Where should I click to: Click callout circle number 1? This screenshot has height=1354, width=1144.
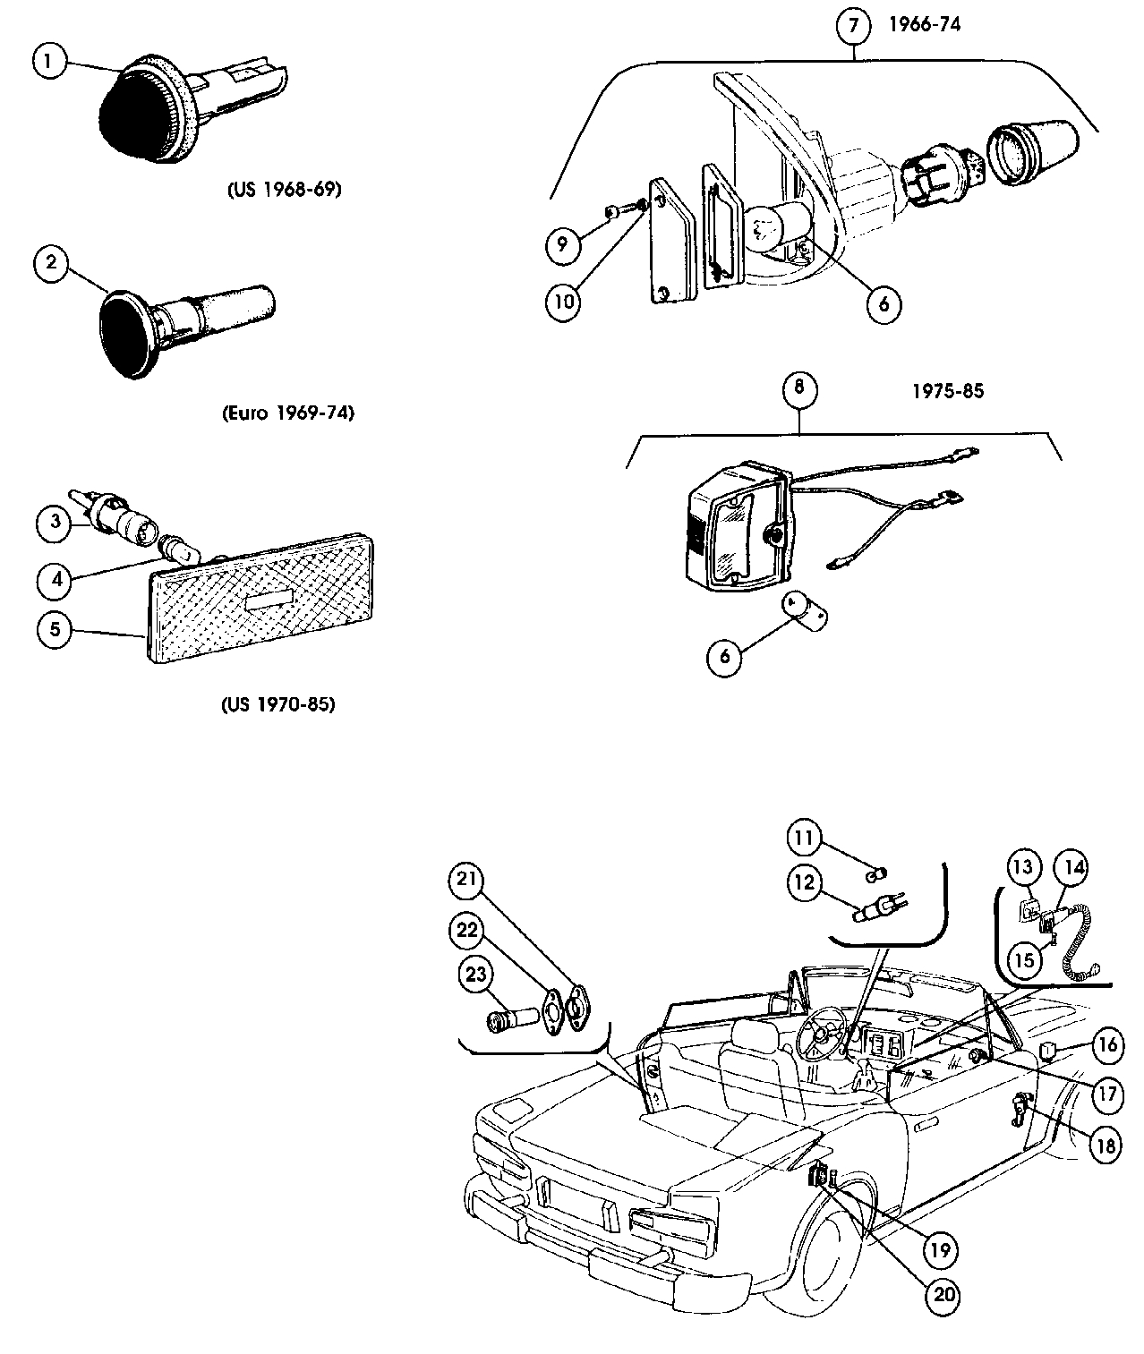51,62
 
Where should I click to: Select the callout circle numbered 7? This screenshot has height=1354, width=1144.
854,26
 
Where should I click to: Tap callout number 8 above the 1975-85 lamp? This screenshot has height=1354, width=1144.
799,388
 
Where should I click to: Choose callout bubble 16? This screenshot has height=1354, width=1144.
1108,1044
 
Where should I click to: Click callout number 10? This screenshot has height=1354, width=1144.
564,301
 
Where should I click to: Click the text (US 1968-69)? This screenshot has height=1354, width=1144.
282,190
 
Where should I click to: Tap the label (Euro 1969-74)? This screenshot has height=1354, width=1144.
287,413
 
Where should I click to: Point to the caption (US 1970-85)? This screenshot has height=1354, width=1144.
277,704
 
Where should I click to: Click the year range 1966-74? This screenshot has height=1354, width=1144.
924,24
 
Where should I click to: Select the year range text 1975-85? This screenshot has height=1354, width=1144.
948,391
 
